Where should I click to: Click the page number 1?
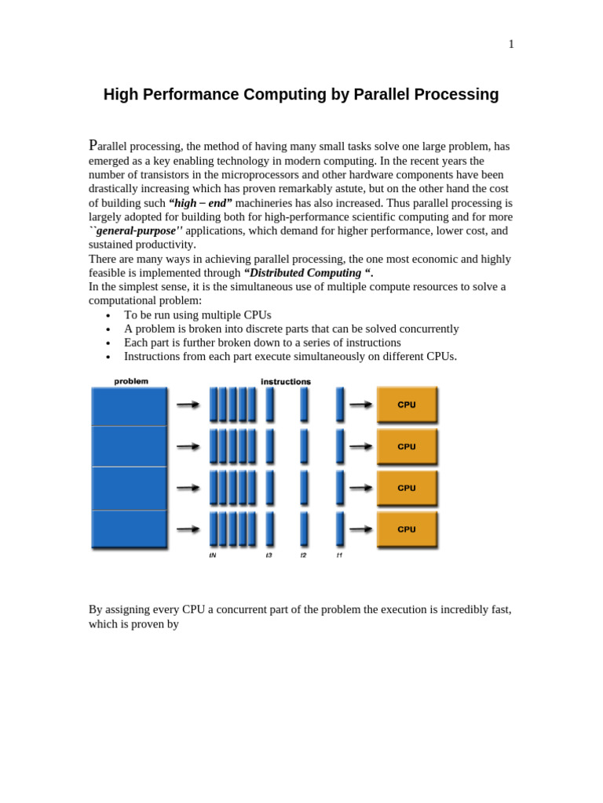(511, 44)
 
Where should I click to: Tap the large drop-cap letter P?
(93, 145)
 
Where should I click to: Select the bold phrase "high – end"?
(200, 203)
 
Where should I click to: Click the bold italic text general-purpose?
(138, 231)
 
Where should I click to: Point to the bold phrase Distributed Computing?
(308, 273)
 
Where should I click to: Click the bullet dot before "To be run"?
(108, 315)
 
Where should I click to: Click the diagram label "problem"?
(131, 382)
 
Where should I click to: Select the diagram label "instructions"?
(286, 382)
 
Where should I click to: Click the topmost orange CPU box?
(407, 405)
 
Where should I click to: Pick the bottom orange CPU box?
(407, 529)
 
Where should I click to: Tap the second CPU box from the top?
(407, 446)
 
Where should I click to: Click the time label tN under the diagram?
(213, 555)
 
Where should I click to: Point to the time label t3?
(269, 555)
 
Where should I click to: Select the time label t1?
(339, 555)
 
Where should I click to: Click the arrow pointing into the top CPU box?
(360, 405)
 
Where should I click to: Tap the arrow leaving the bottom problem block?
(188, 529)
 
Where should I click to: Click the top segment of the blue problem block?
(130, 406)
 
